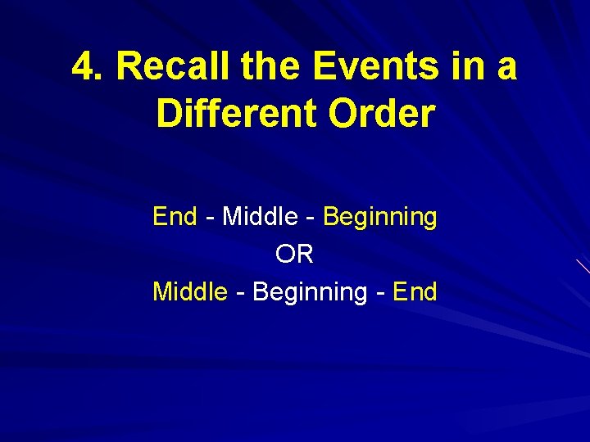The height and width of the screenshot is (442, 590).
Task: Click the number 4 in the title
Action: point(81,67)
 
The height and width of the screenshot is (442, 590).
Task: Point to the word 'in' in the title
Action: point(463,67)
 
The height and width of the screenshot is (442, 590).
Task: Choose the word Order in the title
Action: point(381,115)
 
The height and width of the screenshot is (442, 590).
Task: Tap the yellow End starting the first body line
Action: point(175,217)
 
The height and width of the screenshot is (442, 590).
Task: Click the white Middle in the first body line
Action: point(260,217)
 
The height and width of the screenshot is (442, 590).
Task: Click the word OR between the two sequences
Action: point(295,255)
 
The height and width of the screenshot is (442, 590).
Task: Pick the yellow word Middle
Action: point(190,291)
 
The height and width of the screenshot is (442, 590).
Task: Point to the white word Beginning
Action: point(310,293)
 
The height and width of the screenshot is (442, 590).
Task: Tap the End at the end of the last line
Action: point(415,291)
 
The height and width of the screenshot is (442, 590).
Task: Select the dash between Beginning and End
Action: point(380,293)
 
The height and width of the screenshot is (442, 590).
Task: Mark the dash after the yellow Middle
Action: point(240,293)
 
